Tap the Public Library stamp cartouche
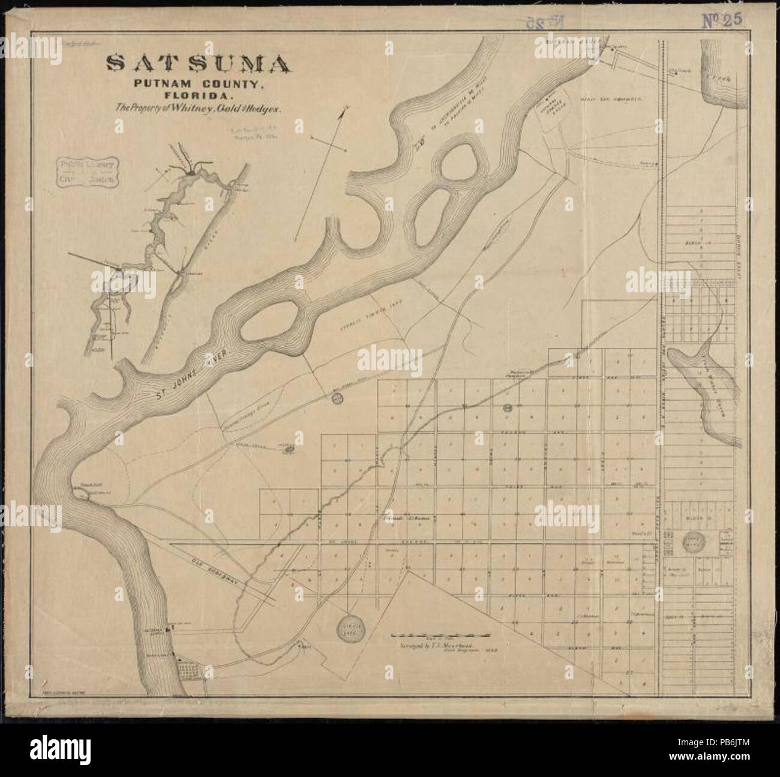click(x=87, y=172)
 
